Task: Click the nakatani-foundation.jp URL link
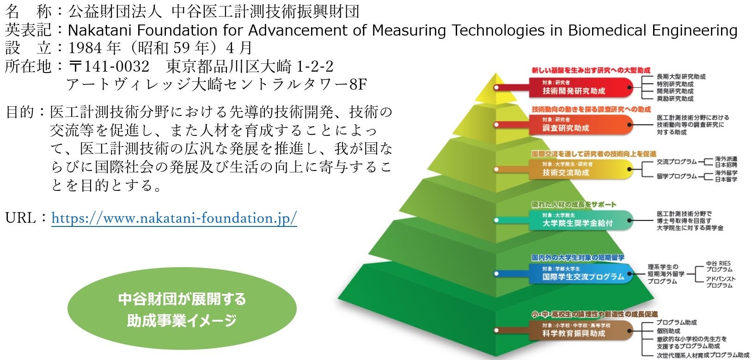coord(174,218)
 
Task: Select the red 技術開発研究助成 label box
coord(580,87)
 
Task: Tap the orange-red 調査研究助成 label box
coord(580,125)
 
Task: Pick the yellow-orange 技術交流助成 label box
coord(580,169)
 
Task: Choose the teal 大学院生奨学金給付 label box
coord(580,220)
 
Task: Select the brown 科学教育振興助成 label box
coord(580,330)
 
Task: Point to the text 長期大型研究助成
coord(681,77)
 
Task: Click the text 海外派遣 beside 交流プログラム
coord(726,159)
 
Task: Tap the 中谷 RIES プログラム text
coord(718,266)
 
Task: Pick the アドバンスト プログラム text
coord(720,282)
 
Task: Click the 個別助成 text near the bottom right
coord(668,331)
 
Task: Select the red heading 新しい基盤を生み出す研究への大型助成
coord(591,70)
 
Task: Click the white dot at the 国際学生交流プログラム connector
coord(496,274)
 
